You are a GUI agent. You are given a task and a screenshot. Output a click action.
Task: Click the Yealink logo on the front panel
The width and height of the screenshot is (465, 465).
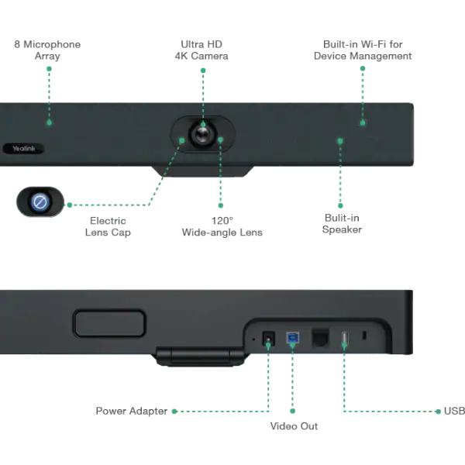24,148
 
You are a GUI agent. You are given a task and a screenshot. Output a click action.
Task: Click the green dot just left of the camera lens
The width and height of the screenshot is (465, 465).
182,140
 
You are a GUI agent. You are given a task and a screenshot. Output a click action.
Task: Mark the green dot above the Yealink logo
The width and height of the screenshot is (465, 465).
49,122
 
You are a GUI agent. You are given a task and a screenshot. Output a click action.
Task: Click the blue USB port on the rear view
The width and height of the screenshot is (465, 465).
292,339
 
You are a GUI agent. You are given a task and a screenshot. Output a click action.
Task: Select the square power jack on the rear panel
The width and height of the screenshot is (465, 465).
269,339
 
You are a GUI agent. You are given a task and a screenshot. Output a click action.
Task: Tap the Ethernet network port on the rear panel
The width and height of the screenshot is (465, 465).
317,339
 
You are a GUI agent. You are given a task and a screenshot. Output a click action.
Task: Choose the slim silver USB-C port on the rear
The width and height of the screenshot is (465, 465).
343,339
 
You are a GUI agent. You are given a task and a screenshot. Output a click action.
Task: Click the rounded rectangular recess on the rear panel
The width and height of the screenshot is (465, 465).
109,323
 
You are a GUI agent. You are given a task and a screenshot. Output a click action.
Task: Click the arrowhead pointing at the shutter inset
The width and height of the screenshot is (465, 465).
67,205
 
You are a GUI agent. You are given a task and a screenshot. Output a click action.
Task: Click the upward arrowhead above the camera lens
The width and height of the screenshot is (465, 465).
202,69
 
